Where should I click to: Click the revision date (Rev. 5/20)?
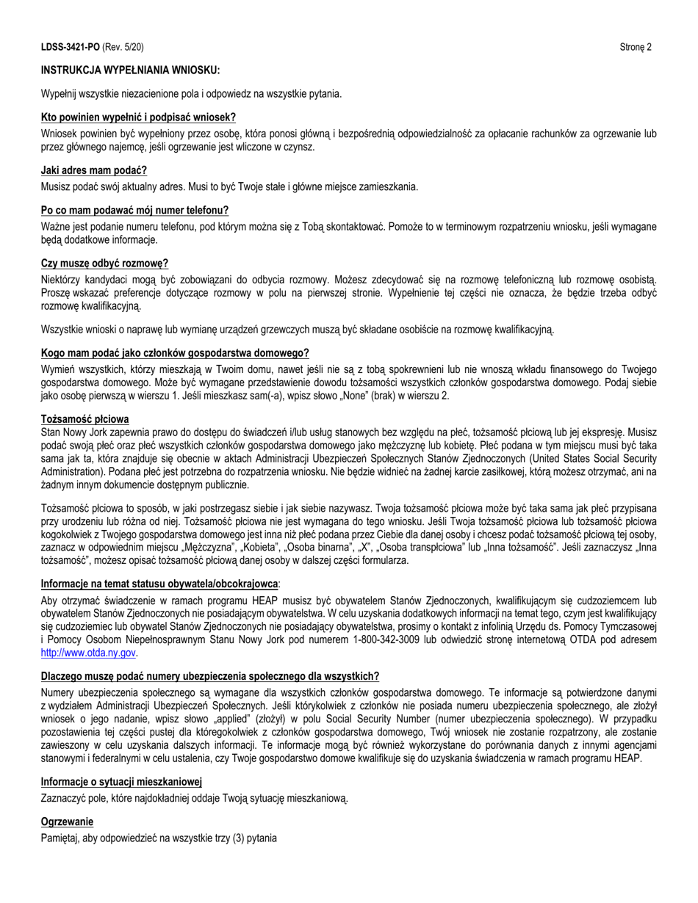tap(123, 47)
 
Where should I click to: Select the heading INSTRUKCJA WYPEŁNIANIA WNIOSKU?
tap(130, 70)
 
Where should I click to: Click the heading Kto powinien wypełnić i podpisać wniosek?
tap(138, 117)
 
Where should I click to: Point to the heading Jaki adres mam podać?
tap(94, 170)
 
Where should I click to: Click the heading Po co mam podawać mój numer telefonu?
tap(134, 210)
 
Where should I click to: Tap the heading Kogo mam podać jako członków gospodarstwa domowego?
tap(175, 353)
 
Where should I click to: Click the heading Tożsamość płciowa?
tap(84, 419)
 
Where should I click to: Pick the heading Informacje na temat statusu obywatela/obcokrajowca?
tap(159, 584)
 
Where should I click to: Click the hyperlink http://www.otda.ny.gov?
tap(88, 652)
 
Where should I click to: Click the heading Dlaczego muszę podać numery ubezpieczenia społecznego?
tap(210, 676)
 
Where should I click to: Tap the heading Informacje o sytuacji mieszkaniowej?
tap(121, 782)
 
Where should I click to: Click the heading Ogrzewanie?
tap(67, 822)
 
